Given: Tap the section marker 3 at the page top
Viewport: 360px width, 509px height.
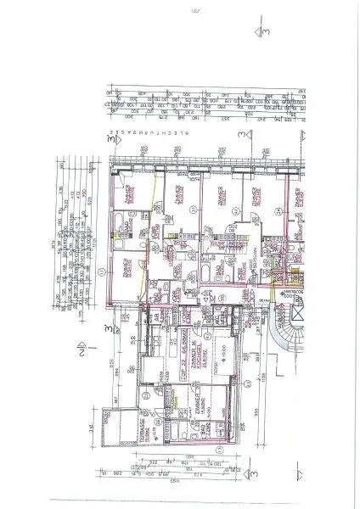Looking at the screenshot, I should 264,32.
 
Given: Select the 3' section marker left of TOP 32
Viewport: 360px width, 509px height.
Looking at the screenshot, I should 108,327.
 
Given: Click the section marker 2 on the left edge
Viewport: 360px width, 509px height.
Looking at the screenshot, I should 79,347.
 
